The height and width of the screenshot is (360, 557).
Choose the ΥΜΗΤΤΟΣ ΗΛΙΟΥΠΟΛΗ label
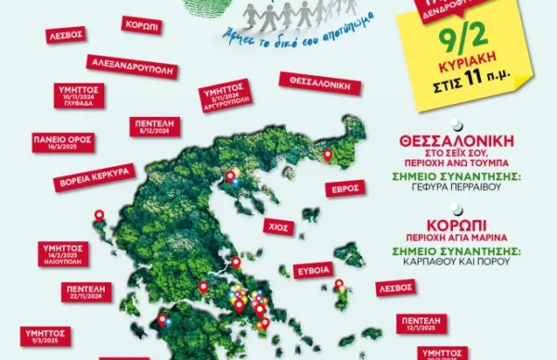coord(66,253)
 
